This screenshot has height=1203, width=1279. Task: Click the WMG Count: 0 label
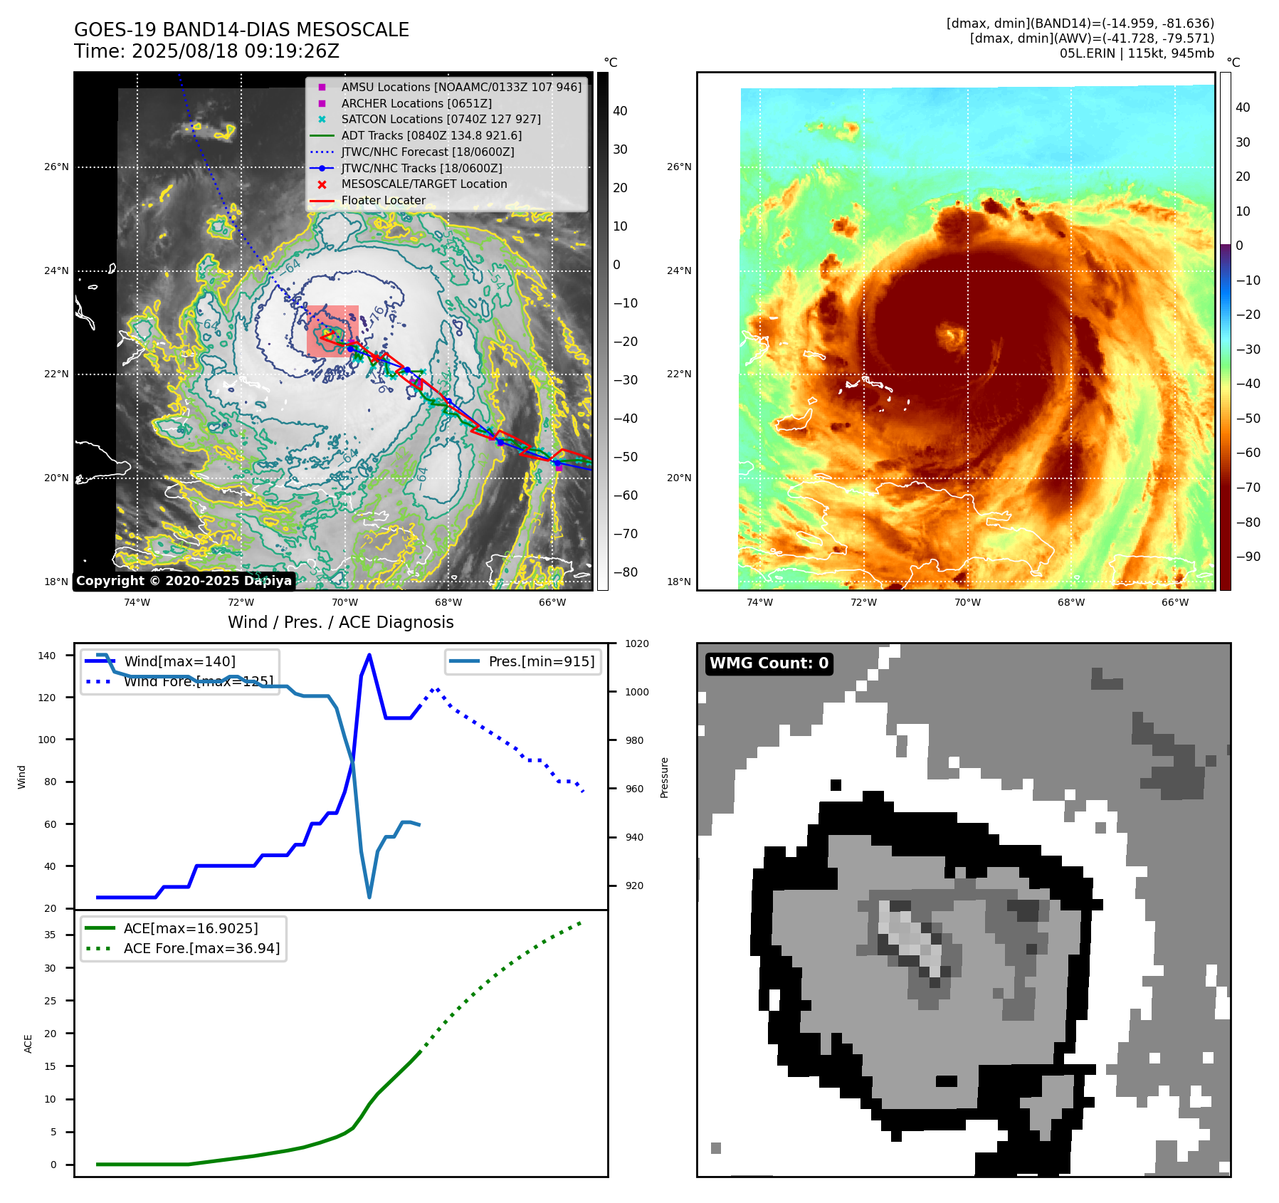(x=769, y=663)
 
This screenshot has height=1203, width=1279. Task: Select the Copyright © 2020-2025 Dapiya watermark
(x=184, y=581)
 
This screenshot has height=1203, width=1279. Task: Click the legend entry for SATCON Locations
(x=441, y=120)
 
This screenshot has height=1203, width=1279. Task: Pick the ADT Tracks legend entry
(x=431, y=136)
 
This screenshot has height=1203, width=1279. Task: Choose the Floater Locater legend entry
(x=383, y=201)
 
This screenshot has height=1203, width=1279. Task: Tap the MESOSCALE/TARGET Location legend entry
(x=423, y=184)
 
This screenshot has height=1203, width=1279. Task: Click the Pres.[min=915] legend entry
(x=541, y=661)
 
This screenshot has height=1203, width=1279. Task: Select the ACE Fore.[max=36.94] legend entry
(x=201, y=948)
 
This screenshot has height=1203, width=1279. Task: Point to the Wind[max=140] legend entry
(x=179, y=661)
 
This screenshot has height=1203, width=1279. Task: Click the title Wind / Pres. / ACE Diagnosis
(x=340, y=622)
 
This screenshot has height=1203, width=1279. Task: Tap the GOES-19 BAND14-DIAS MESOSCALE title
(x=241, y=30)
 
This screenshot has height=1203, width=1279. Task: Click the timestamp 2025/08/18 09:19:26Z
(x=236, y=51)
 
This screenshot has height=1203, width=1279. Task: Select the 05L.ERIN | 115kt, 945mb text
(x=1137, y=53)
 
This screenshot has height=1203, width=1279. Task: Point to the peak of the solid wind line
(x=369, y=655)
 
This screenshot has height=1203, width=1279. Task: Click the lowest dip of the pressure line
(x=369, y=897)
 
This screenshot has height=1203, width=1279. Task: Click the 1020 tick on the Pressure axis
(x=636, y=643)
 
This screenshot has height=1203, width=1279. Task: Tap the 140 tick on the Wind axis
(x=47, y=656)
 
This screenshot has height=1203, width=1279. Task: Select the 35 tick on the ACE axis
(x=50, y=935)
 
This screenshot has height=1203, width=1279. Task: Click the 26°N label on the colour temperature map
(x=678, y=167)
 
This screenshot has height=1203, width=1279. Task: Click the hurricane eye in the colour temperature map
(x=951, y=334)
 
